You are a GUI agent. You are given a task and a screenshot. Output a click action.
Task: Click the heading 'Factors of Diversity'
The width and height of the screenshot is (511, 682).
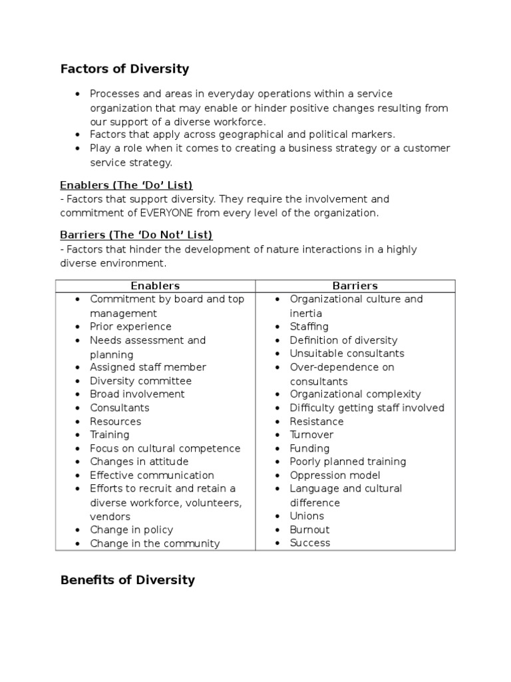(x=124, y=69)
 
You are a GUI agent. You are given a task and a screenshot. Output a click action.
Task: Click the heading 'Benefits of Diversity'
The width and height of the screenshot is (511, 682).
(x=127, y=579)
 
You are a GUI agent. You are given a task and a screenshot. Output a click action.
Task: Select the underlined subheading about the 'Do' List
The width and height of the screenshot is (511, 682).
(x=126, y=184)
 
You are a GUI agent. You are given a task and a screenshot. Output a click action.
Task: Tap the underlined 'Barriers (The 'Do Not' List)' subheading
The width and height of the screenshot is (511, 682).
(x=136, y=235)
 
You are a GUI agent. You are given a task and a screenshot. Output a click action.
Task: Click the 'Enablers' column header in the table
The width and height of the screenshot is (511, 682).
(x=155, y=286)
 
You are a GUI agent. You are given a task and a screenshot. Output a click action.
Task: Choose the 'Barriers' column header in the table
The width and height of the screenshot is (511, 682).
(x=355, y=286)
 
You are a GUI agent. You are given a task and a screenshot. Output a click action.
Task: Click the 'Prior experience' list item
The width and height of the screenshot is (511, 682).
(x=130, y=326)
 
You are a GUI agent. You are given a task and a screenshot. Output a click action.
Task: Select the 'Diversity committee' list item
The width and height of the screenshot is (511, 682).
(x=140, y=381)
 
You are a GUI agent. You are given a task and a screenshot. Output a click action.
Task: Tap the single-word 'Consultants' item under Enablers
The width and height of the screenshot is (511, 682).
(x=120, y=408)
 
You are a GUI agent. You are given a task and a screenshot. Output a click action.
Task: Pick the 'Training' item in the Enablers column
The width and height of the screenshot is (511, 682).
(x=110, y=435)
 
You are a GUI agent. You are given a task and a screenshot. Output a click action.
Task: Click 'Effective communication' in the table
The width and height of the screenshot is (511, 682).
(x=152, y=476)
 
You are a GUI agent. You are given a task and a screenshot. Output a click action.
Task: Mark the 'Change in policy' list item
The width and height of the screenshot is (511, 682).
(x=131, y=530)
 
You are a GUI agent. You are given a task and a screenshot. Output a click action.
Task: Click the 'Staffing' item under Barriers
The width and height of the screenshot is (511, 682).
(x=309, y=326)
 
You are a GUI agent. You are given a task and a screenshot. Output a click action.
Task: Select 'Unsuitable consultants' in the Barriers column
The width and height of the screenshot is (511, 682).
(x=347, y=354)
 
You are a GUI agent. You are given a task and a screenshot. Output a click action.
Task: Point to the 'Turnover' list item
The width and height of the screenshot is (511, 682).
(x=310, y=435)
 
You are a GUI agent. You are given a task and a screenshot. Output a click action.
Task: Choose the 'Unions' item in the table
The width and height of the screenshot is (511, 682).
(x=307, y=516)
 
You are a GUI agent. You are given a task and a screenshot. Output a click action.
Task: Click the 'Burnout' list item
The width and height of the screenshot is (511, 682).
(x=309, y=530)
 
